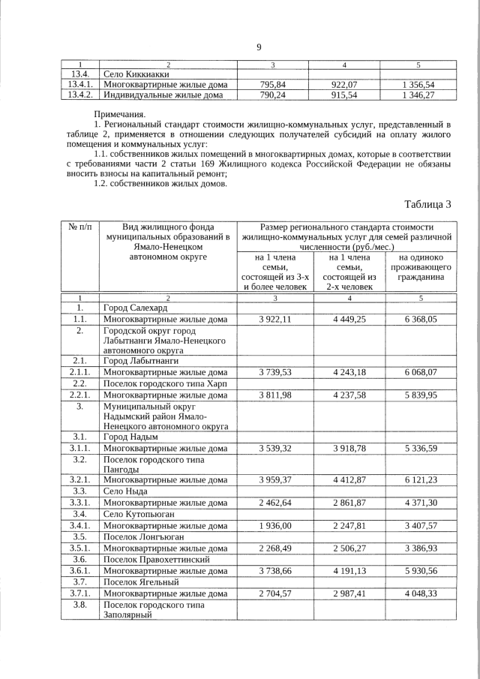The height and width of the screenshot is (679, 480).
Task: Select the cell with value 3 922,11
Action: click(x=274, y=319)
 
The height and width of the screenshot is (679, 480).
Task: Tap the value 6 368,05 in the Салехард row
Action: click(x=420, y=319)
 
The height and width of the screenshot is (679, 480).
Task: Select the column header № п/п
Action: click(x=79, y=227)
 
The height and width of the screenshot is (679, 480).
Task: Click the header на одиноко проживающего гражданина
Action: click(x=420, y=268)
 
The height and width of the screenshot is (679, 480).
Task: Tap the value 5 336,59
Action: click(x=420, y=448)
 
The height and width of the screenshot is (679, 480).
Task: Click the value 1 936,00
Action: click(x=274, y=526)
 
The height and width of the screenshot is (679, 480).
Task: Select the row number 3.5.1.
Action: click(x=79, y=548)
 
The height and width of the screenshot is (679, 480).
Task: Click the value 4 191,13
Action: click(x=349, y=571)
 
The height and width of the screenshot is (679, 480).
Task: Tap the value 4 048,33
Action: click(x=420, y=593)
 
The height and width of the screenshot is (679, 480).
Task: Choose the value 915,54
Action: click(x=349, y=95)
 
